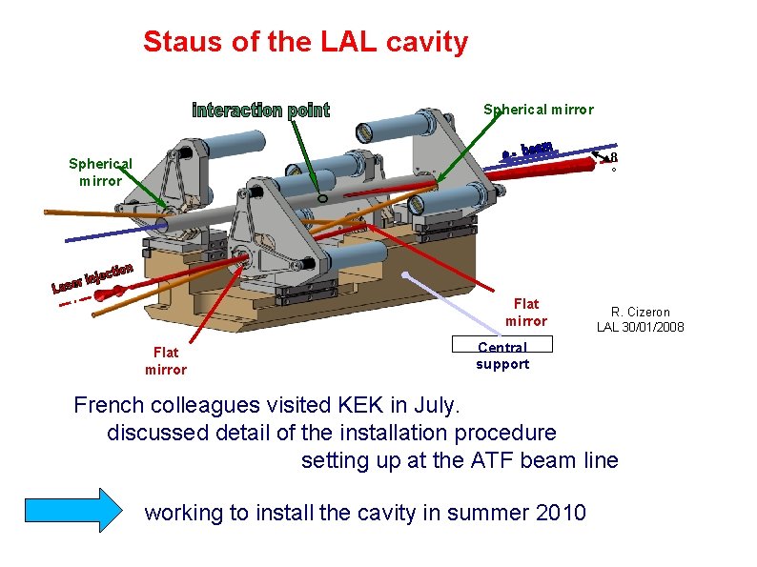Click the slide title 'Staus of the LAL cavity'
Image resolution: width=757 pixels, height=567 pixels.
(x=305, y=43)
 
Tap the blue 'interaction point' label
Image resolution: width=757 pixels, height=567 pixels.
(x=260, y=111)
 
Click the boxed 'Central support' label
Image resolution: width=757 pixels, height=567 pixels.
(x=502, y=355)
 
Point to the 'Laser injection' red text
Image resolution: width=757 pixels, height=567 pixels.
(x=92, y=276)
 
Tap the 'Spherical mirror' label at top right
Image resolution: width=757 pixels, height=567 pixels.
(x=538, y=110)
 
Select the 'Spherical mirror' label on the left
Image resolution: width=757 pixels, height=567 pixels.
(x=100, y=172)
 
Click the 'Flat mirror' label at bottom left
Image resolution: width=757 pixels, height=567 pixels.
(x=166, y=361)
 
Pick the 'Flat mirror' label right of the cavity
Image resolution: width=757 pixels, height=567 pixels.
(x=526, y=313)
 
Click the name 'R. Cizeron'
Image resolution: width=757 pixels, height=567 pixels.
(x=641, y=312)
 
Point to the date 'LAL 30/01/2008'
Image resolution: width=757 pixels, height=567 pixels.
(x=641, y=328)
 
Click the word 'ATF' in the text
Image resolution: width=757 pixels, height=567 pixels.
(x=495, y=461)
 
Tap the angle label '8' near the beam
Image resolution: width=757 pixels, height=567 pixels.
(x=614, y=157)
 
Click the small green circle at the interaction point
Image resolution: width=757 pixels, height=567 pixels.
(x=323, y=198)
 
